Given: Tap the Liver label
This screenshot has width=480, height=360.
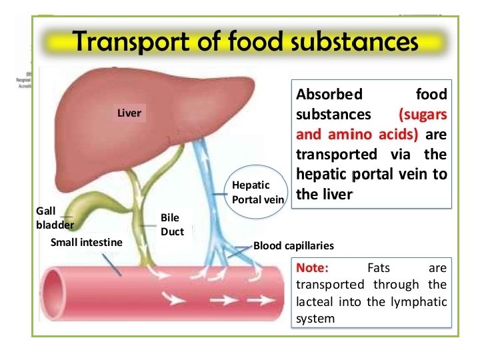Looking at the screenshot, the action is point(129,113).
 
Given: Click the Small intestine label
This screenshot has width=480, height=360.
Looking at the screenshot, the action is point(86,242).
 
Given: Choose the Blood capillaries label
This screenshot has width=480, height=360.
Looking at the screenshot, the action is point(293,245).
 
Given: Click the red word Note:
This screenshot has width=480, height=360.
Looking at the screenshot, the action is point(312,268).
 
